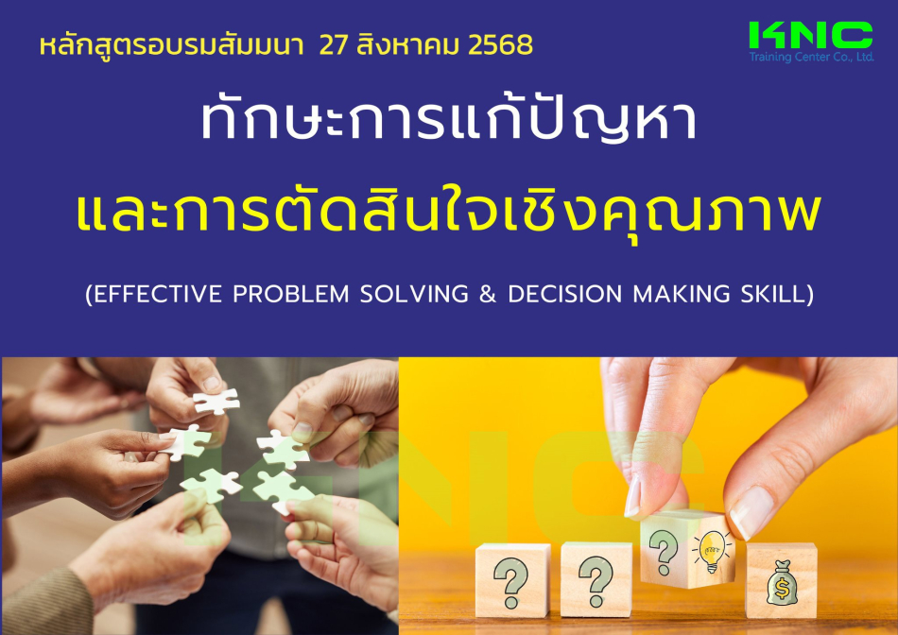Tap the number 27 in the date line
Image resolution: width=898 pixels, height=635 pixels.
coord(333,45)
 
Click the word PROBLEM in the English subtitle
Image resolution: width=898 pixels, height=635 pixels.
coord(291,294)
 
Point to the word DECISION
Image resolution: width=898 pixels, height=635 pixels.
coord(564,294)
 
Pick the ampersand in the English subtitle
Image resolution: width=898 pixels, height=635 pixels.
coord(488,294)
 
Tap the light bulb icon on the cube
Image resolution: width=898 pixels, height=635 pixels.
coord(711,552)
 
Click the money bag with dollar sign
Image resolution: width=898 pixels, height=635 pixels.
coord(782,583)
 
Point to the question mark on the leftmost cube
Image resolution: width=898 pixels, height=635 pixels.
coord(510,583)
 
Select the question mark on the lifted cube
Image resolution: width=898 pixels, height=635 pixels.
coord(664,552)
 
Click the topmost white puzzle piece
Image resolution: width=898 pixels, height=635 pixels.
coord(216,401)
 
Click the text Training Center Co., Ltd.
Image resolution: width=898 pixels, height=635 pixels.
coord(812,57)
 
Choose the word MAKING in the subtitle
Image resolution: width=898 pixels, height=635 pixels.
coord(681,294)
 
